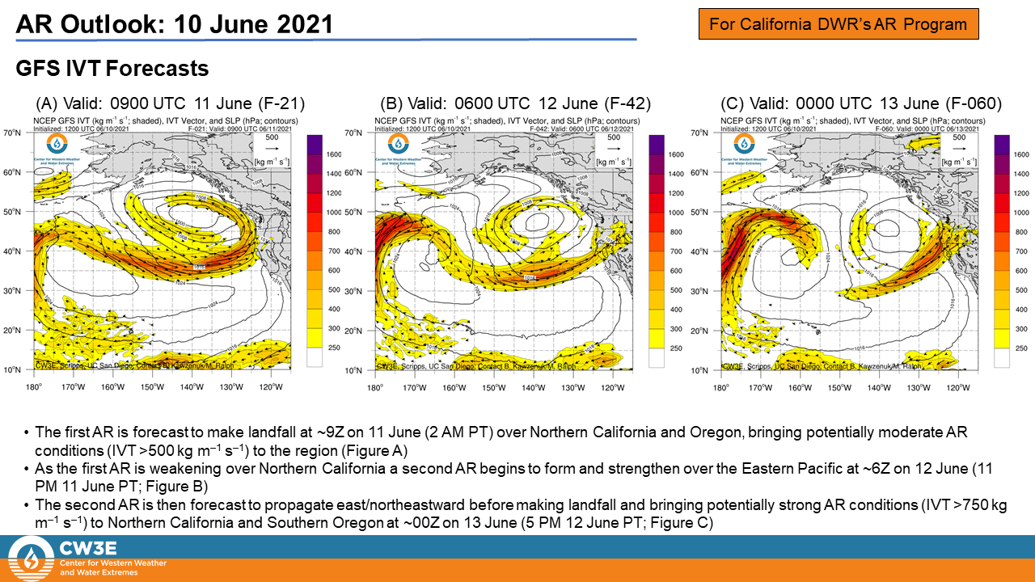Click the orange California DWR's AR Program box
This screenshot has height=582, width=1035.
click(839, 23)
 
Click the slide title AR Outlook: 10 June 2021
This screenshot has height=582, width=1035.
click(175, 23)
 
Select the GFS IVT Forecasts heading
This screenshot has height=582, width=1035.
click(112, 69)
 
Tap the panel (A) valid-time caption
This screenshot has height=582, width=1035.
click(171, 103)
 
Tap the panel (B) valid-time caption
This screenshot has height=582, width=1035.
click(516, 103)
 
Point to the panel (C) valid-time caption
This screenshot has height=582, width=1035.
click(861, 103)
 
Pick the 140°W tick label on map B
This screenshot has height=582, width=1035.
click(533, 387)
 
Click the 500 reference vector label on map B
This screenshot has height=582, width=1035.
click(614, 137)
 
